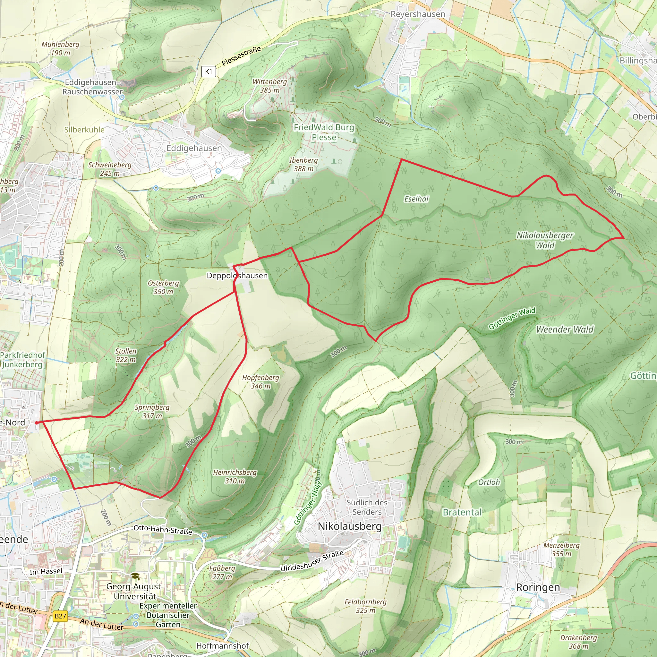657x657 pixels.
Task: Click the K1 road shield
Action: [x=209, y=72]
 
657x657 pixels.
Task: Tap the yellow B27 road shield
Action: [x=60, y=616]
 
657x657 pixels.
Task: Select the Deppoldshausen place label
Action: [x=237, y=276]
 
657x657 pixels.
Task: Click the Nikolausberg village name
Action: [x=350, y=526]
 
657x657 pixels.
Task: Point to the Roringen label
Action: [x=538, y=587]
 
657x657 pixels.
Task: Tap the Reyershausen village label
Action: [x=418, y=14]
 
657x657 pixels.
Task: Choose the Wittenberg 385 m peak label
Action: [x=269, y=86]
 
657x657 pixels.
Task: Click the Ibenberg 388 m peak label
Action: [x=303, y=164]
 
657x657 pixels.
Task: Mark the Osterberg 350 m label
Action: [x=163, y=287]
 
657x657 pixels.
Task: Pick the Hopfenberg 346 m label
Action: [x=260, y=381]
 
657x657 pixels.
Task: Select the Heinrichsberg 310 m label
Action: [x=235, y=476]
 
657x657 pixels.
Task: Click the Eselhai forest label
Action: [x=416, y=199]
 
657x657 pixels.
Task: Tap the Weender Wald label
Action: [x=565, y=329]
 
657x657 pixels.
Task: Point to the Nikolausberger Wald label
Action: [x=545, y=240]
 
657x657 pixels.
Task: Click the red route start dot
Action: [x=37, y=423]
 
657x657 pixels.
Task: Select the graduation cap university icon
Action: [x=135, y=576]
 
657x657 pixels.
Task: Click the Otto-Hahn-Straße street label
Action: [x=163, y=529]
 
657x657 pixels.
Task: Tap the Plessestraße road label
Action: [x=241, y=56]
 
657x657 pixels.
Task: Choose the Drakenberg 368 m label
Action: [x=578, y=641]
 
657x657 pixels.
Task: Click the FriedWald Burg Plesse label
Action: [x=324, y=132]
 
